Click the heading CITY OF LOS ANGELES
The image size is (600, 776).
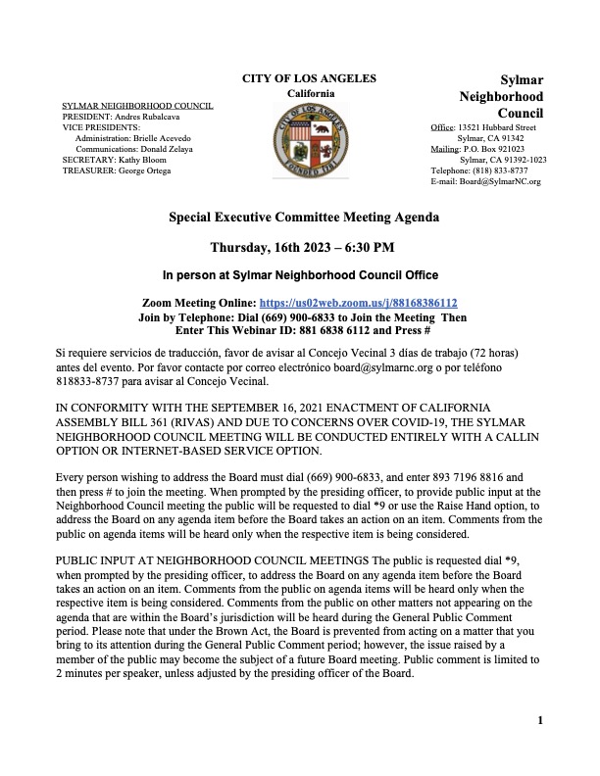309,78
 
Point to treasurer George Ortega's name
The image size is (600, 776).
143,170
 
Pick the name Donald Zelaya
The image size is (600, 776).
185,148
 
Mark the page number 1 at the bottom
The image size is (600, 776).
540,721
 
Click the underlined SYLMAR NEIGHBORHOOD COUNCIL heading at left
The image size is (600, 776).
137,105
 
